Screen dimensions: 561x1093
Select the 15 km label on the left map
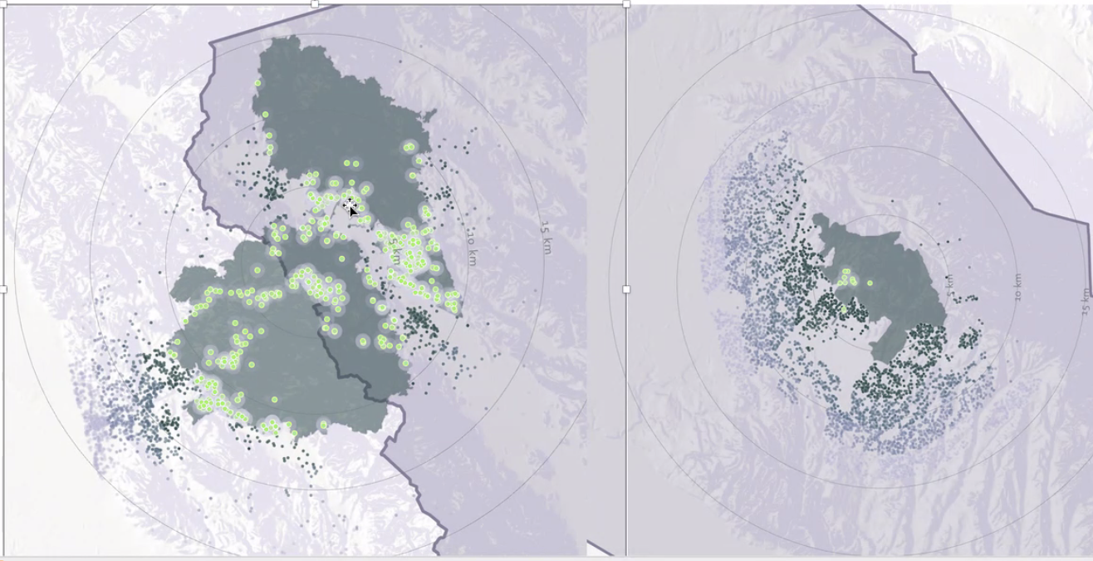[x=546, y=239]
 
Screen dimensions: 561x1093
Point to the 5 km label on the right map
[x=950, y=285]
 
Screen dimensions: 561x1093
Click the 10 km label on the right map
[x=1017, y=287]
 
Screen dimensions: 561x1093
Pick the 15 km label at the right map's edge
[x=1085, y=300]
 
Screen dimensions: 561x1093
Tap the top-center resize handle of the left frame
[x=315, y=4]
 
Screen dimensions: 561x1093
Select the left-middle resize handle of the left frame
[x=3, y=289]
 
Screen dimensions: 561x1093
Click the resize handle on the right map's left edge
[x=626, y=289]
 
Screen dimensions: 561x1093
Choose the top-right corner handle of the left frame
[x=625, y=4]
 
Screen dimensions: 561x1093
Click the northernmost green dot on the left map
[x=258, y=83]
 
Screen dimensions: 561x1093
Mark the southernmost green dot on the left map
[x=273, y=429]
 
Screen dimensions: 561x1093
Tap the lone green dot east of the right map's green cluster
[x=870, y=283]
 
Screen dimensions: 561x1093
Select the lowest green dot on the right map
[x=843, y=309]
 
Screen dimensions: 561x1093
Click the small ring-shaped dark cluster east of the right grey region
[x=968, y=338]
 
